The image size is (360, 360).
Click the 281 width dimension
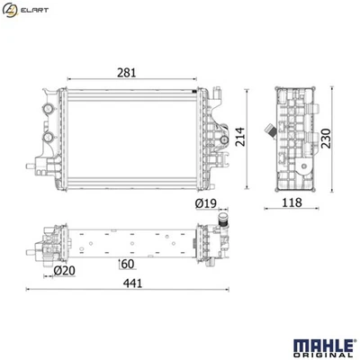(126, 73)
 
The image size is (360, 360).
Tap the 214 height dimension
(240, 137)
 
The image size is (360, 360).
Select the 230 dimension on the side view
(326, 139)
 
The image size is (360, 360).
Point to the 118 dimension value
(292, 202)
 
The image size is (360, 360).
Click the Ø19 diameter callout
(206, 203)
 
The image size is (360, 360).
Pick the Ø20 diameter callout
(65, 271)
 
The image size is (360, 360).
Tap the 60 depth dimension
(128, 264)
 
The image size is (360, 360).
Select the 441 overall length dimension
(132, 283)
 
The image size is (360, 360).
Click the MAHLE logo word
(323, 346)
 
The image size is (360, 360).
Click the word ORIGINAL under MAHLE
(323, 355)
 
